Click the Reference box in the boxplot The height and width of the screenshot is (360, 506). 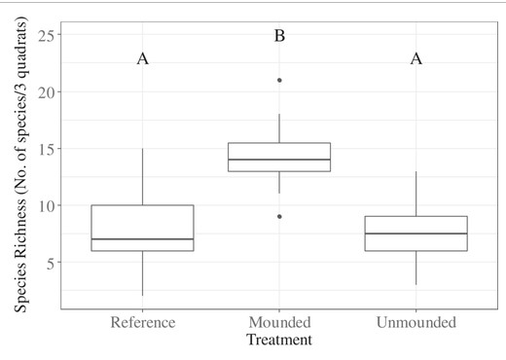coord(142,228)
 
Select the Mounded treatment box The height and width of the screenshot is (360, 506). coord(279,157)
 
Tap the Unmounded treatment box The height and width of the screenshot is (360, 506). coord(416,234)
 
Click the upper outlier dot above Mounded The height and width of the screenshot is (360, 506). coord(279,80)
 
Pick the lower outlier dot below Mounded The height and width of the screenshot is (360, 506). coord(279,216)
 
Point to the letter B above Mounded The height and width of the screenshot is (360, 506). coord(279,36)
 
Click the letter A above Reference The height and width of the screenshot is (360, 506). coord(142,59)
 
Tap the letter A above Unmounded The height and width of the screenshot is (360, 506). coord(416,59)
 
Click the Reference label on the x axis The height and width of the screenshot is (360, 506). coord(142,323)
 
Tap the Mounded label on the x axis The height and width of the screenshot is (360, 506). coord(279,323)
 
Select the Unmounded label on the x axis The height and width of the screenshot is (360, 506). coord(416,323)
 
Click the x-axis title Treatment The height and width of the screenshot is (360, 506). coord(279,341)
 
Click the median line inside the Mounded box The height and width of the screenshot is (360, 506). coord(279,160)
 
